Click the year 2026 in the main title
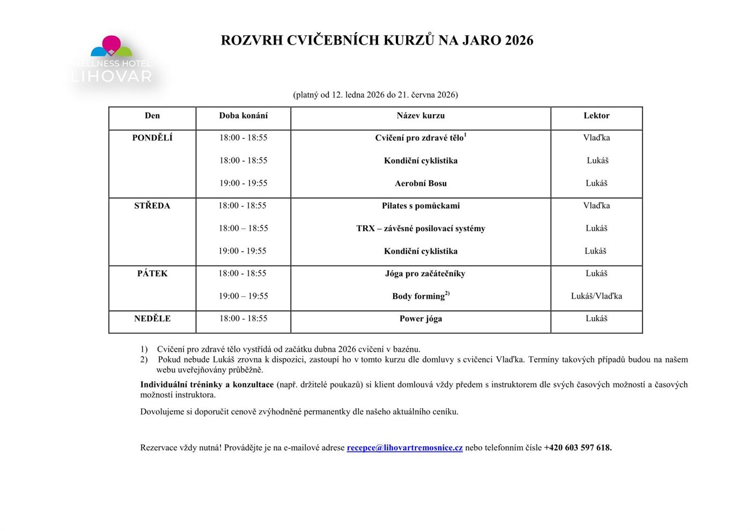point(519,41)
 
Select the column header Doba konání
point(243,116)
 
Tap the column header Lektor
point(596,116)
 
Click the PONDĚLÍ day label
point(152,138)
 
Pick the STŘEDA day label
point(152,206)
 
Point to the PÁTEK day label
point(152,274)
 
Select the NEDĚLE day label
point(152,319)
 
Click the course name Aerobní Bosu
point(421,183)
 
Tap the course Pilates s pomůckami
point(421,206)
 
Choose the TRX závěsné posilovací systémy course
point(421,228)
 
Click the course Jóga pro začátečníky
point(425,274)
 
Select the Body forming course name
point(418,296)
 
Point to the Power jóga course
point(421,319)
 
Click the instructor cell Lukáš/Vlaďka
point(596,296)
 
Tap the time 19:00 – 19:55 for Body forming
point(243,296)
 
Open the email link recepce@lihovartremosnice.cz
point(404,448)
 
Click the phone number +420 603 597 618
point(577,448)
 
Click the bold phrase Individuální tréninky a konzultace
point(207,385)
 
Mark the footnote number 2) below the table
point(144,359)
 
